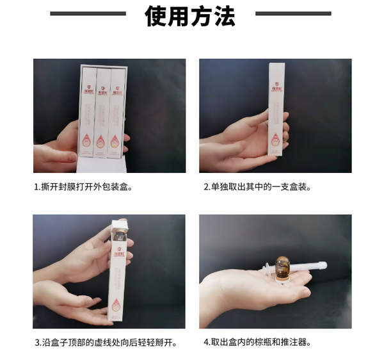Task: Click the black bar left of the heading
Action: click(x=88, y=13)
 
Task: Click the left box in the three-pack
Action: click(x=88, y=112)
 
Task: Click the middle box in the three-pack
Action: click(x=102, y=112)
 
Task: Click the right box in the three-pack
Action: click(x=116, y=112)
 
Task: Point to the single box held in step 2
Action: click(x=274, y=109)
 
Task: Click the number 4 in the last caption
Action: click(x=206, y=342)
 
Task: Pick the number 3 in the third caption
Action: click(x=37, y=342)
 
